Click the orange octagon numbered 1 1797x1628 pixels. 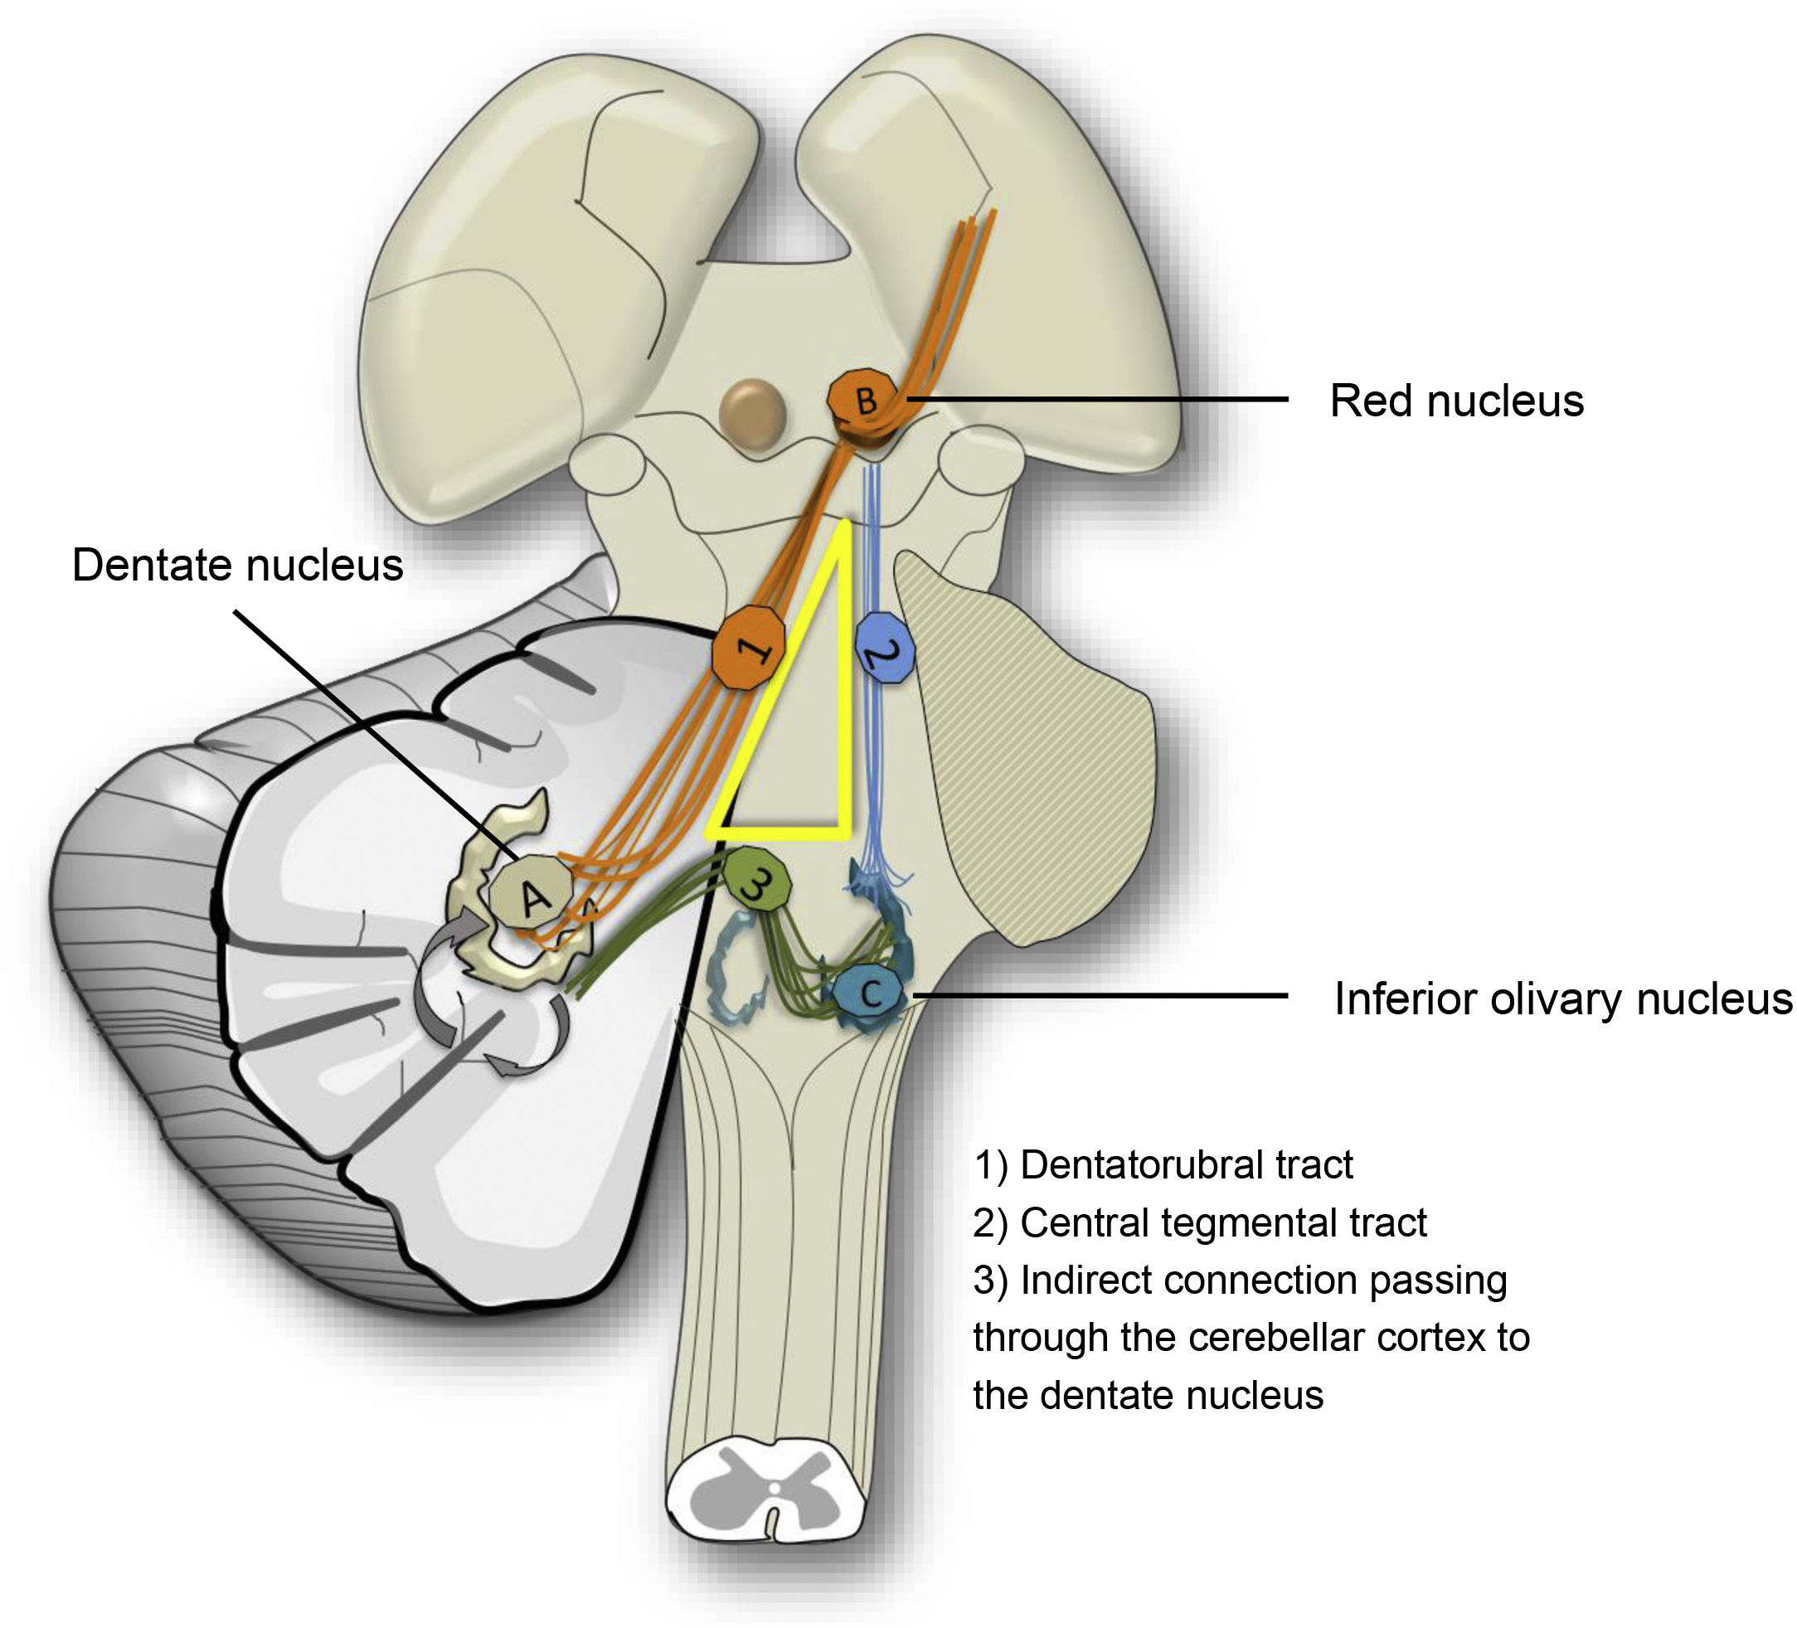[x=749, y=645]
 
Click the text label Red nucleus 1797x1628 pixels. [x=1455, y=401]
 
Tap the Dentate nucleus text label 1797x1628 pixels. [x=237, y=566]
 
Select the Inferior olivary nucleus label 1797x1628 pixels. [x=1561, y=999]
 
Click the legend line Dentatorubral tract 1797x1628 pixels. [x=1163, y=1165]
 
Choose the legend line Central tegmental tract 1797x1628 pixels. [x=1199, y=1222]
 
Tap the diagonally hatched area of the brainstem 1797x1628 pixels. [x=1034, y=758]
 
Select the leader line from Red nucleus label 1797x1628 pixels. [x=1096, y=399]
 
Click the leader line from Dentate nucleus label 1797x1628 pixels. [x=374, y=731]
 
